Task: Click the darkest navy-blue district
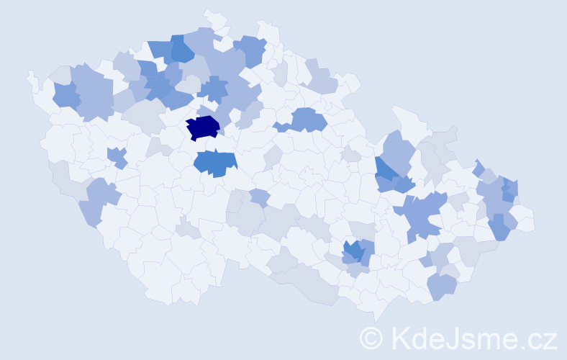coord(203,127)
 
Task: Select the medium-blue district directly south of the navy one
coord(215,163)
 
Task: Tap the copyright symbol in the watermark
coord(371,338)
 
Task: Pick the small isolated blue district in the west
coord(117,156)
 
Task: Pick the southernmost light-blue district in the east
coord(442,287)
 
